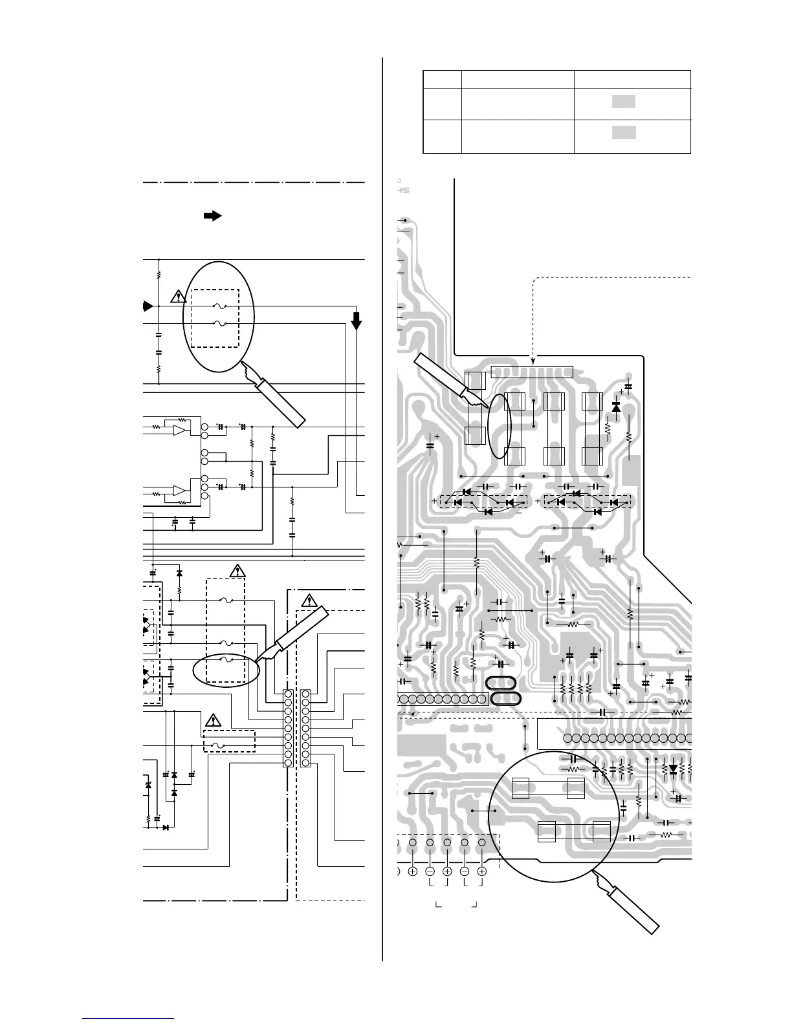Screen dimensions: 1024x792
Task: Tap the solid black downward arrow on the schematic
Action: (357, 319)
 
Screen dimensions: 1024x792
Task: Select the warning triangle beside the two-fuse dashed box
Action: (178, 297)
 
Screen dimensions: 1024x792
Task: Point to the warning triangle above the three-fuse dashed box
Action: (238, 570)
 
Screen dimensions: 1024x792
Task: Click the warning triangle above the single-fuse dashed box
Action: (213, 720)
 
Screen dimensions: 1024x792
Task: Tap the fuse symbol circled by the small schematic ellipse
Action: (225, 660)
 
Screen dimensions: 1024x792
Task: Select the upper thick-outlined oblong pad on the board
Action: (503, 683)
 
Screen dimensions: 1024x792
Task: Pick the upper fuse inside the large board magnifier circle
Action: (549, 788)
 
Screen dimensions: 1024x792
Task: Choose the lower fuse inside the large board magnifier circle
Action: (575, 831)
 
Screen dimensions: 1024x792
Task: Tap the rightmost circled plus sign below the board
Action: (481, 872)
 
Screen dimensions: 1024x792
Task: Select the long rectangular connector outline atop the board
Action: (532, 372)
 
